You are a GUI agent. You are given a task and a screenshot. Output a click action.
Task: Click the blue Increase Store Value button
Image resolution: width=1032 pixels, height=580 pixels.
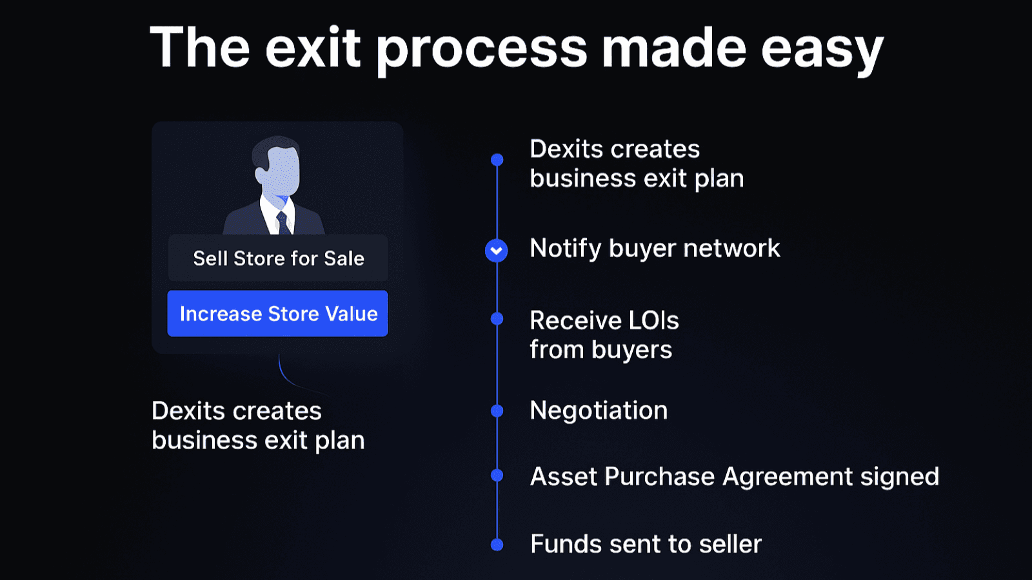[277, 314]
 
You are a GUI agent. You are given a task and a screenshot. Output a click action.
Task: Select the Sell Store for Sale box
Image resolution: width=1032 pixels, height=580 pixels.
[278, 258]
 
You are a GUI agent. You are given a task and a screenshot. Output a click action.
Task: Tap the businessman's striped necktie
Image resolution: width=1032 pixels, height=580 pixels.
[283, 222]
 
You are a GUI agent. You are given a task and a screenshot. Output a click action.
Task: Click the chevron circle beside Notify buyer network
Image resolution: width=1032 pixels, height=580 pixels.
[497, 250]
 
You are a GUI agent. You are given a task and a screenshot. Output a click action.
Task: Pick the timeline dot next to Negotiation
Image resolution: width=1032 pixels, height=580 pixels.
[497, 411]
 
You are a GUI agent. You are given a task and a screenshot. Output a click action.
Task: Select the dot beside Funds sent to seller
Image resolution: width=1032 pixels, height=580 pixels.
[497, 545]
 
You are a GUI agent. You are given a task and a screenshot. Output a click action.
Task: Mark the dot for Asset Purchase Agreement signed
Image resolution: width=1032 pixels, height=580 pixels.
[497, 476]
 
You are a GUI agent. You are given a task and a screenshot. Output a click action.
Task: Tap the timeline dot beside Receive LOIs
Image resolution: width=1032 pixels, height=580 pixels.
[497, 318]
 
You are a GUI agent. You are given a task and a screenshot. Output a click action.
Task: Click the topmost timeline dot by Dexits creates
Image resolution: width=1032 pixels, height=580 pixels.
[497, 159]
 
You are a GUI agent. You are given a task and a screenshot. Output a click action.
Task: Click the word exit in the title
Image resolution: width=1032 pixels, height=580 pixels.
[313, 48]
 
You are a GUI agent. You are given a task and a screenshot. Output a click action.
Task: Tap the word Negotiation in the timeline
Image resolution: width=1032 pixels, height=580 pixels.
[599, 411]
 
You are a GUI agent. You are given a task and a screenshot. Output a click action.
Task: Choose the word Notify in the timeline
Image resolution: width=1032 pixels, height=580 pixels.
[565, 249]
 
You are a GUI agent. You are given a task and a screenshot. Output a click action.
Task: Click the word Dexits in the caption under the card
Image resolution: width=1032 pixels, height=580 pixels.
[188, 411]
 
